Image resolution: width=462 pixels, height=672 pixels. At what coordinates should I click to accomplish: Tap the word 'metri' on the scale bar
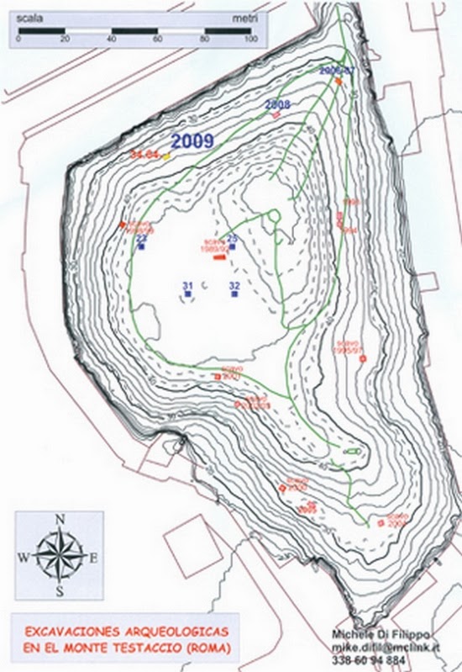point(242,15)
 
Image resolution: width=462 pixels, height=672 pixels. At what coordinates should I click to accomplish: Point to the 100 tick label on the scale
point(249,40)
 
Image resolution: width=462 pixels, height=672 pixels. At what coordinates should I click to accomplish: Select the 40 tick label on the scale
point(112,40)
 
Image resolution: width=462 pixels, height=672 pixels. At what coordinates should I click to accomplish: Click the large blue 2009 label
point(193,141)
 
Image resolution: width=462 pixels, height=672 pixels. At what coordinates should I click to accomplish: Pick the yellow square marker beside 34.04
point(166,156)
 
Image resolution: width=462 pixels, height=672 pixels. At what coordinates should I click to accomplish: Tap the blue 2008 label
point(277,104)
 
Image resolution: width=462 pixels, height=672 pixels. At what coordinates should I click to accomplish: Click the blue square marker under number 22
point(142,247)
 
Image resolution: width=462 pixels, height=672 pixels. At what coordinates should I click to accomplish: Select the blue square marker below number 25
point(233,247)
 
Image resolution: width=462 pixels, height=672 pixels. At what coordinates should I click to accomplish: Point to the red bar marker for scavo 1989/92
point(218,257)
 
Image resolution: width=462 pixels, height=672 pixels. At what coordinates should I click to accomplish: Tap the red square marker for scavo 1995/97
point(362,359)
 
